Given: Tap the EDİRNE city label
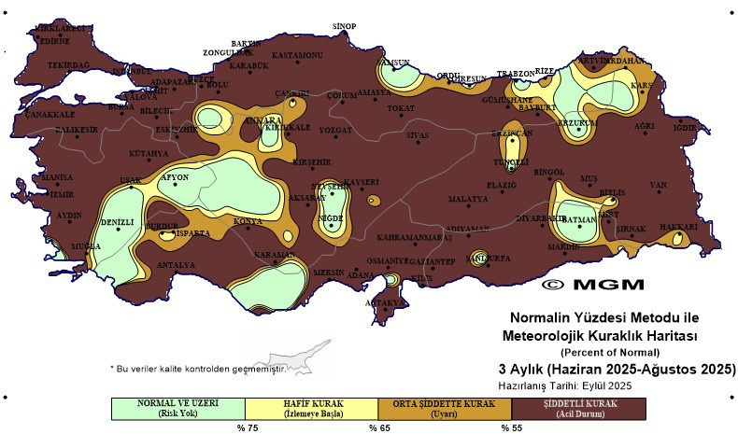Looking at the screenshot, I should coord(52,40).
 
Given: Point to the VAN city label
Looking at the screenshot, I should coord(660,185).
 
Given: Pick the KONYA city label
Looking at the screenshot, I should coord(248,221).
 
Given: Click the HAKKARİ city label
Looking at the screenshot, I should coord(679,227).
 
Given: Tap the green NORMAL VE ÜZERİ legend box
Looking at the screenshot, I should coord(177,408).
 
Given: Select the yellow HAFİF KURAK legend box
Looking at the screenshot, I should coord(312,408).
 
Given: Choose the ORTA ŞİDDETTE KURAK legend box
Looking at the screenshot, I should coord(445,408).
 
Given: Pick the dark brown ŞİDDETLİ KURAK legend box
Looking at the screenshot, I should coord(578,408).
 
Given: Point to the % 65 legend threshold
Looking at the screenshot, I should coord(378,427).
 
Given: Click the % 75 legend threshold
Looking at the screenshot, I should coord(246,427).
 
